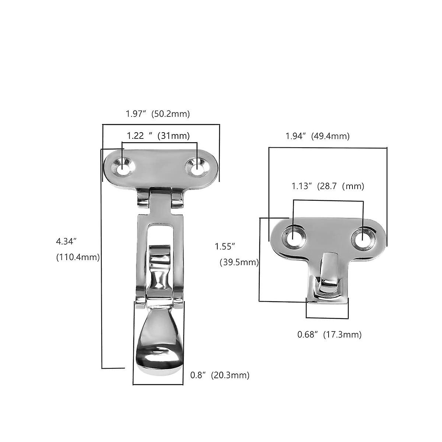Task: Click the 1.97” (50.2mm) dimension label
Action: point(158,114)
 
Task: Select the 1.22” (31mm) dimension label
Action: point(158,136)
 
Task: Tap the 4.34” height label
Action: point(66,241)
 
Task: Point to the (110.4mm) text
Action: point(78,257)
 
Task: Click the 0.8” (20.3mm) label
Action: point(220,375)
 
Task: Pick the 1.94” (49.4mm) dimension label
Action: point(318,136)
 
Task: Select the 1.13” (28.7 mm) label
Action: point(328,186)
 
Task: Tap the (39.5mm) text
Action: point(239,262)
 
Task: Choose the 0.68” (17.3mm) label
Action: point(329,334)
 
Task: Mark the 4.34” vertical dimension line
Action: point(102,258)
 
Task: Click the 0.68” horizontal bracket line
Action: point(327,318)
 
